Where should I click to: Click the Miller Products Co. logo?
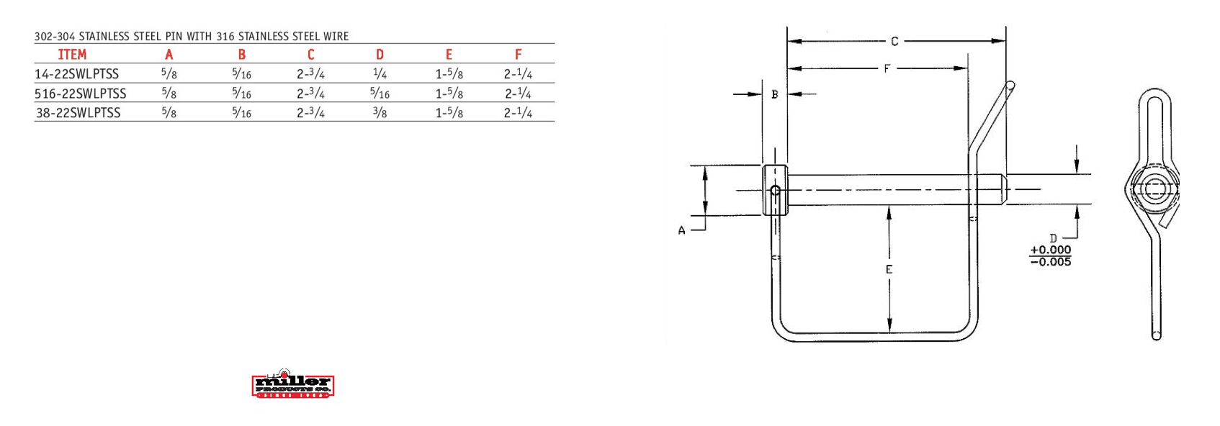pyautogui.click(x=293, y=385)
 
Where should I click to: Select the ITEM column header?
pyautogui.click(x=72, y=55)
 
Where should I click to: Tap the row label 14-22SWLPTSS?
pyautogui.click(x=77, y=74)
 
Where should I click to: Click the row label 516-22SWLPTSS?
pyautogui.click(x=81, y=94)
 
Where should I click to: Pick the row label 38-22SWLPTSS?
pyautogui.click(x=79, y=113)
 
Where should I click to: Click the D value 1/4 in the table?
pyautogui.click(x=380, y=74)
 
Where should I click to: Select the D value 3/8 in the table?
pyautogui.click(x=380, y=113)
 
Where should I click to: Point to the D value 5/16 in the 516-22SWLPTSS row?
pyautogui.click(x=380, y=94)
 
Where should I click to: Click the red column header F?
pyautogui.click(x=518, y=55)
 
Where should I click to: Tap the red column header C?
pyautogui.click(x=310, y=55)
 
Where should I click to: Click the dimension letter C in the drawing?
pyautogui.click(x=894, y=42)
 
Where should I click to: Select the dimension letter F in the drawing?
pyautogui.click(x=887, y=69)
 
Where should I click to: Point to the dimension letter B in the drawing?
pyautogui.click(x=775, y=94)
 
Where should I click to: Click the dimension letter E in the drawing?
pyautogui.click(x=889, y=270)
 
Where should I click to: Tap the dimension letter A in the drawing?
pyautogui.click(x=681, y=231)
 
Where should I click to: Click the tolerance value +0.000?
pyautogui.click(x=1051, y=250)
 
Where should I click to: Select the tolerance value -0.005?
pyautogui.click(x=1051, y=262)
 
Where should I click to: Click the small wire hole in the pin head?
pyautogui.click(x=776, y=191)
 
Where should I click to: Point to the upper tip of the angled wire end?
pyautogui.click(x=1010, y=86)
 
